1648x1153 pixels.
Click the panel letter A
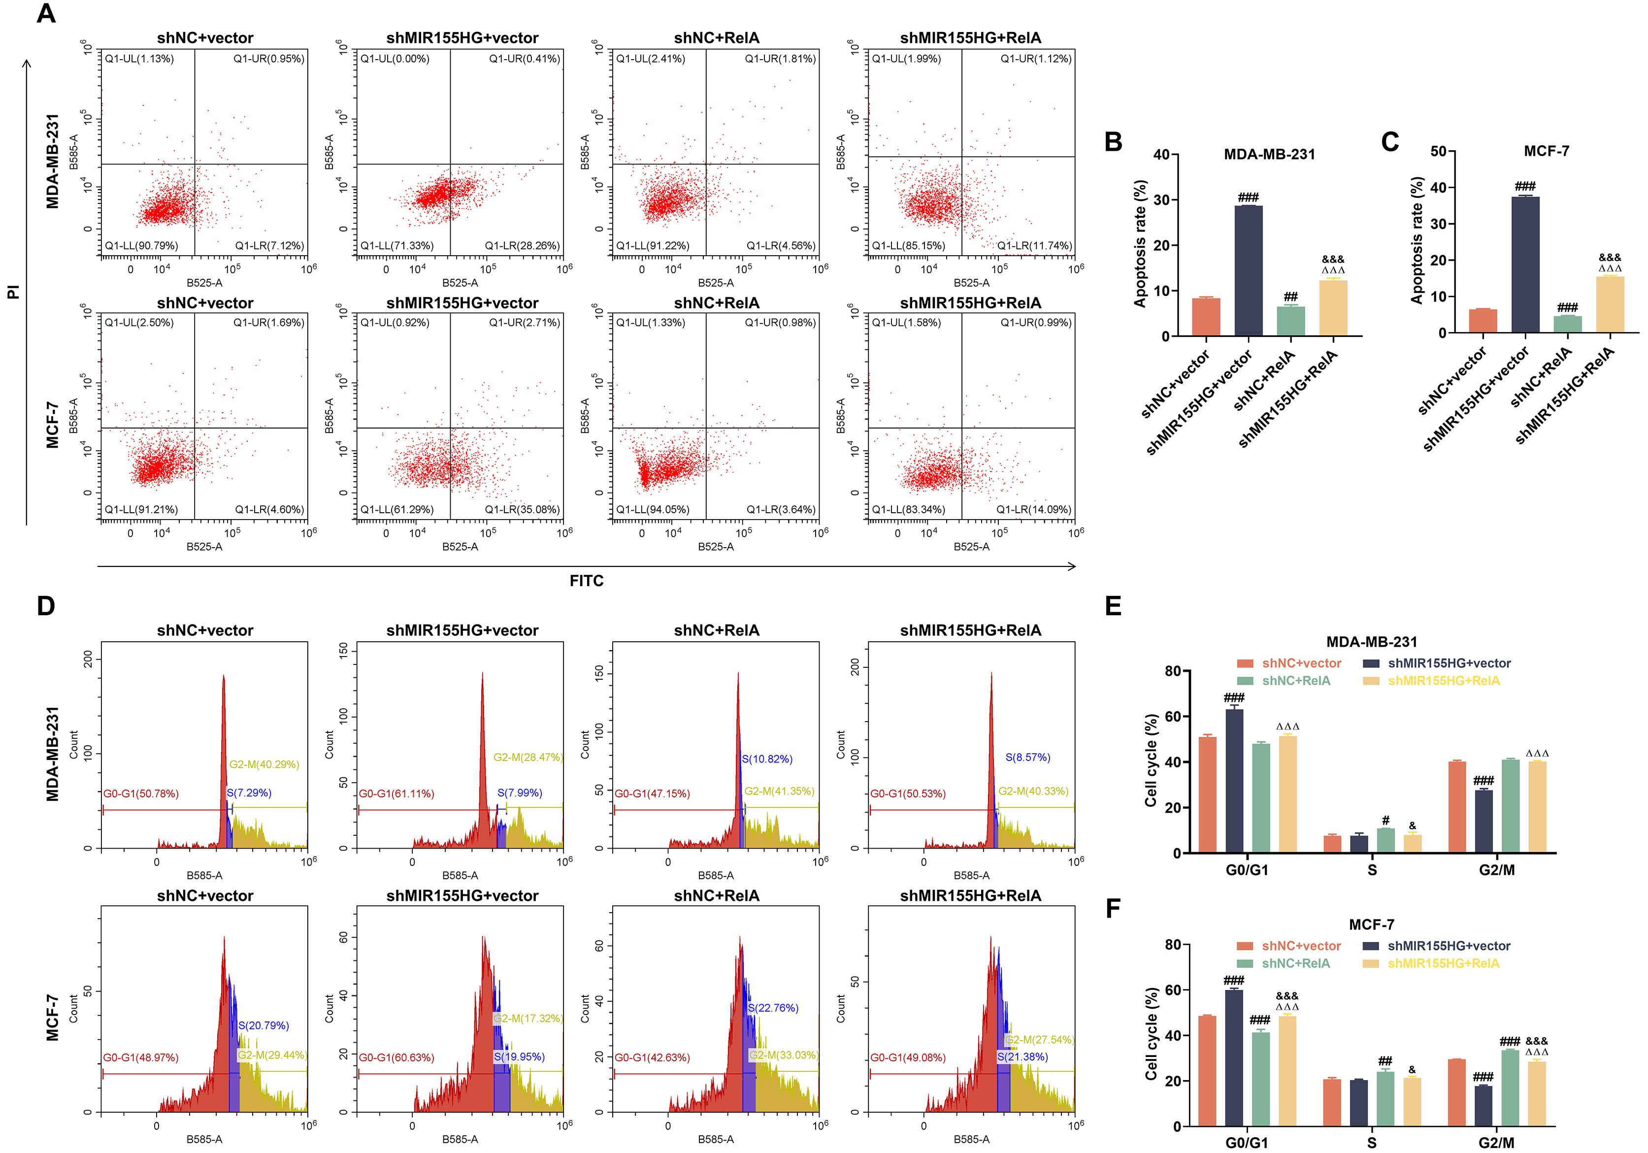pyautogui.click(x=46, y=14)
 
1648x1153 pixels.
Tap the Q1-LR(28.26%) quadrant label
pyautogui.click(x=522, y=246)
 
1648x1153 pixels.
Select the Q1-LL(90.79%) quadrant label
pyautogui.click(x=141, y=246)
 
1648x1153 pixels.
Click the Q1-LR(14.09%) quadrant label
pyautogui.click(x=1034, y=510)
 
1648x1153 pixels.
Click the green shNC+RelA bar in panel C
pyautogui.click(x=1568, y=324)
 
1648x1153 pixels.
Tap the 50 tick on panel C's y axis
pyautogui.click(x=1438, y=152)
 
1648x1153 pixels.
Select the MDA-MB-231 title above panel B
pyautogui.click(x=1269, y=154)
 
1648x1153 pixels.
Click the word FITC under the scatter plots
pyautogui.click(x=587, y=581)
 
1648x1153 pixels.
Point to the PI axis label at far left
pyautogui.click(x=13, y=292)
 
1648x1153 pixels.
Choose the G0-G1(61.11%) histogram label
pyautogui.click(x=396, y=793)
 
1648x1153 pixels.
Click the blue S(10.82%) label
pyautogui.click(x=766, y=759)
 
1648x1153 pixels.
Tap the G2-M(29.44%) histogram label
pyautogui.click(x=273, y=1054)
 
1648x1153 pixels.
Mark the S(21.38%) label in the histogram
pyautogui.click(x=1022, y=1057)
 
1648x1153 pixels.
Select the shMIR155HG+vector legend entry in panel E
pyautogui.click(x=1449, y=663)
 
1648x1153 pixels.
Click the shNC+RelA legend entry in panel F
pyautogui.click(x=1295, y=963)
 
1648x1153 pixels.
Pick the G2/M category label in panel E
pyautogui.click(x=1497, y=870)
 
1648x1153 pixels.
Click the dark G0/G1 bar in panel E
pyautogui.click(x=1235, y=781)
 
